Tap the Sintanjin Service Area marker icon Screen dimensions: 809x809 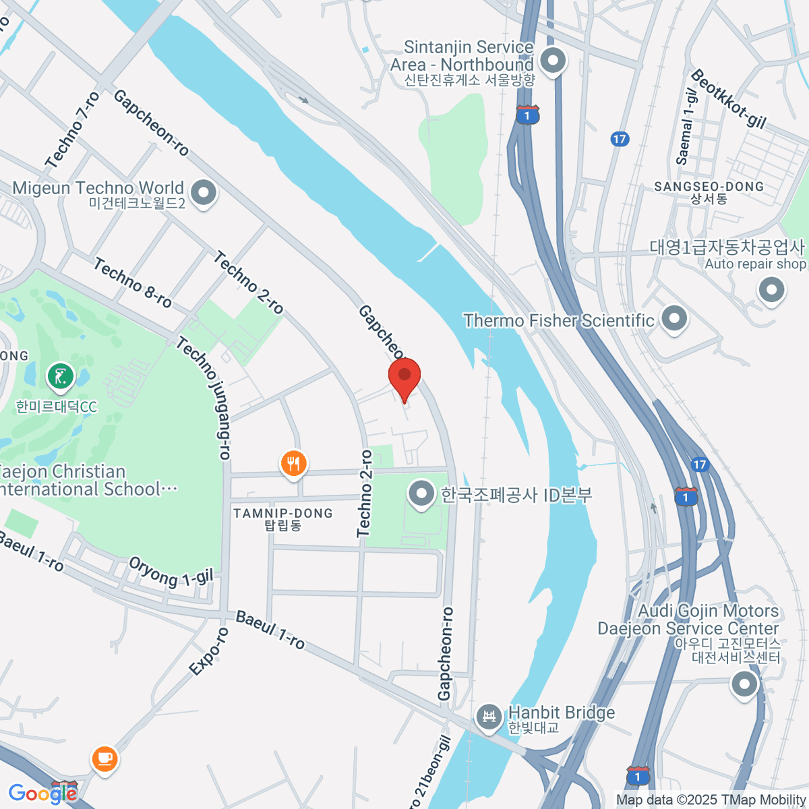tap(553, 61)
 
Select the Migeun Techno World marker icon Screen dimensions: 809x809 tap(203, 193)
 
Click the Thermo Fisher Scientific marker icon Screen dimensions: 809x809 tap(673, 319)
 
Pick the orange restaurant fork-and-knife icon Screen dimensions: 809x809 tap(293, 464)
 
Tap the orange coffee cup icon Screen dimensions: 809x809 tap(104, 759)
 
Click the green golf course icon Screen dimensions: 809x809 tap(61, 377)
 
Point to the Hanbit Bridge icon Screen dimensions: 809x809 tap(489, 717)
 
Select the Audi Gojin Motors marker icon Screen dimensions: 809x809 tap(744, 685)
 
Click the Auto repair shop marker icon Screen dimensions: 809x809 tap(771, 291)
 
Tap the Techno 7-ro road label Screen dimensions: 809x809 tap(73, 131)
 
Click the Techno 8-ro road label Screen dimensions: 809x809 tap(133, 283)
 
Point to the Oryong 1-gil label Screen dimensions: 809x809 tap(171, 572)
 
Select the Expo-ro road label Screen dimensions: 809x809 tap(209, 651)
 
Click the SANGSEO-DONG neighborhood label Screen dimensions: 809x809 tap(709, 187)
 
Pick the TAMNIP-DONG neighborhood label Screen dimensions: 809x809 tap(283, 514)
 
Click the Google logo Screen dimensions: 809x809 tap(42, 793)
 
